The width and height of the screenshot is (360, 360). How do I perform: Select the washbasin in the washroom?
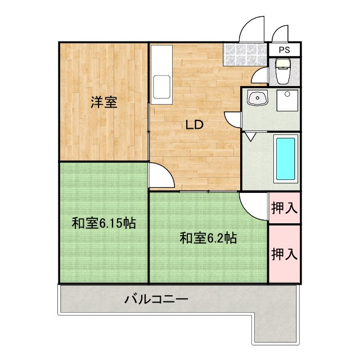(258, 98)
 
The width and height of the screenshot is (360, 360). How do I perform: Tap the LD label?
(195, 125)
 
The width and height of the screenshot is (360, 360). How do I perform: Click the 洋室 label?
(104, 102)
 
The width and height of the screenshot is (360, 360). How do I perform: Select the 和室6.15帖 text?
(103, 223)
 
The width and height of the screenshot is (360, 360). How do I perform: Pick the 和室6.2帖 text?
(208, 238)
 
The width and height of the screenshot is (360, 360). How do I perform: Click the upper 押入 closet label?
(284, 208)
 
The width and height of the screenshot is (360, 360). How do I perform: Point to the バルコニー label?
(156, 299)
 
